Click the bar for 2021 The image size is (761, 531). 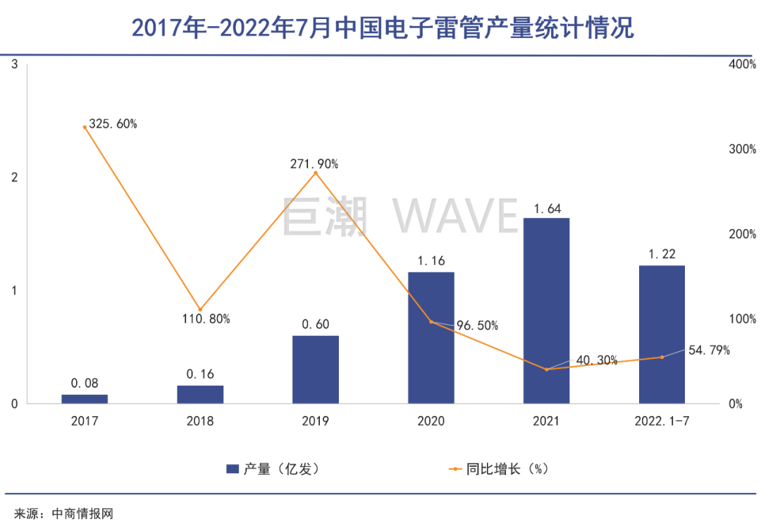[546, 310]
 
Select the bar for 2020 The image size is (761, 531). [431, 338]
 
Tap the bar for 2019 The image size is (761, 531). [315, 370]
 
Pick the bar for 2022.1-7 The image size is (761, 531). [662, 334]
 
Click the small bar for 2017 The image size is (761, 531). [85, 399]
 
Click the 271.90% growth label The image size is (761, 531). [314, 164]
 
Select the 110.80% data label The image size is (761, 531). [206, 319]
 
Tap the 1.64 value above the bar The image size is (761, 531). [546, 208]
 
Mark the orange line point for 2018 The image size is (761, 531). [200, 310]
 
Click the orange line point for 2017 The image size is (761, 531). [85, 128]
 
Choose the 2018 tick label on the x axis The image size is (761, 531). [200, 421]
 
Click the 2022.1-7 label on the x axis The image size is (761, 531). [662, 421]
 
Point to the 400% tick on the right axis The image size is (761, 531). [742, 64]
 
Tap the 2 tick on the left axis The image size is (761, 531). [14, 178]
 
